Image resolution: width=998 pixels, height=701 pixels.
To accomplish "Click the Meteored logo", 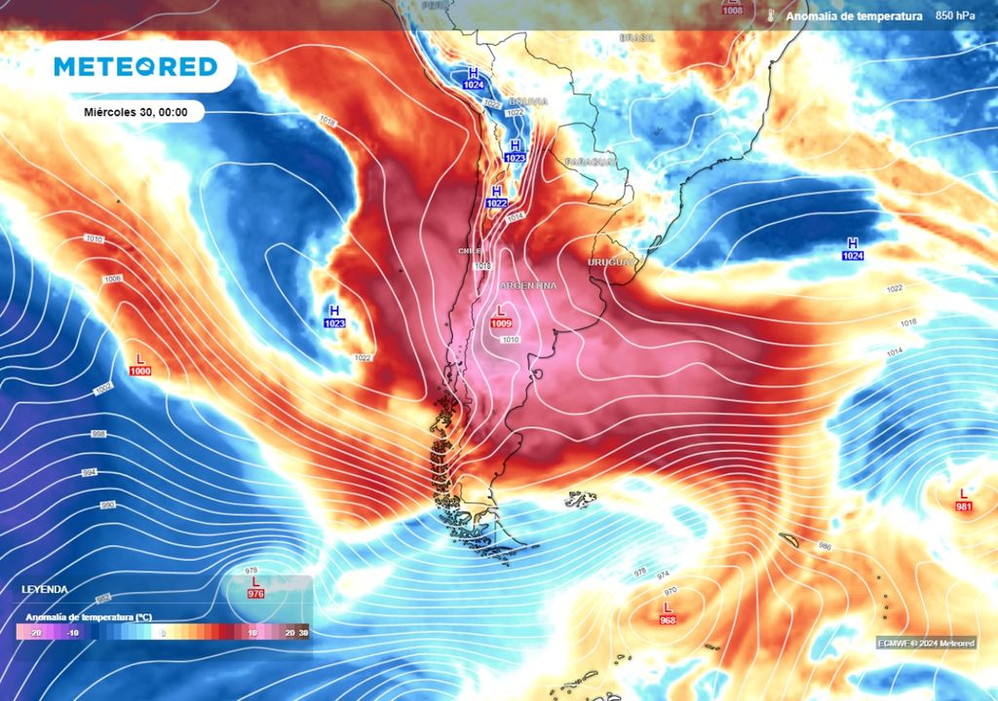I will click(134, 66).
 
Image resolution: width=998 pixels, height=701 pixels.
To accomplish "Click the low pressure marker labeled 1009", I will click(502, 316).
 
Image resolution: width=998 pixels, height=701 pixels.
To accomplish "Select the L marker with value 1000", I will click(139, 365).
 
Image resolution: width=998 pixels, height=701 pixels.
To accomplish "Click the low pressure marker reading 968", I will click(668, 614).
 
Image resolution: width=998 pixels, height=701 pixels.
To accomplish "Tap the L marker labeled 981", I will click(964, 500).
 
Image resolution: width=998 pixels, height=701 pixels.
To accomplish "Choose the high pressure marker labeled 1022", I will click(497, 197).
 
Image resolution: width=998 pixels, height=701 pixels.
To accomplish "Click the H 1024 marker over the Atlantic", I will click(854, 249).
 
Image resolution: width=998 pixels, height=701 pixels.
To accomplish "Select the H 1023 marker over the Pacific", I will click(334, 316).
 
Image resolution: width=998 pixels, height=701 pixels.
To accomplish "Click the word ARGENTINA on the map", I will click(527, 285).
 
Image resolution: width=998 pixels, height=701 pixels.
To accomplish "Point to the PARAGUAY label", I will click(590, 162).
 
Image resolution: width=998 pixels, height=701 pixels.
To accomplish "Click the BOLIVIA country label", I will click(527, 101).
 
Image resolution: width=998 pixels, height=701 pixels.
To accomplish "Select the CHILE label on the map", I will click(470, 251).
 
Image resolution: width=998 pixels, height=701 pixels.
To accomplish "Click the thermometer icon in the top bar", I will click(770, 17).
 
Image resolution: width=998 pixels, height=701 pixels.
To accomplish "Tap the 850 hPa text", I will click(955, 17).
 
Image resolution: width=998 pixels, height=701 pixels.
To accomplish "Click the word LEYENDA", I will click(45, 589).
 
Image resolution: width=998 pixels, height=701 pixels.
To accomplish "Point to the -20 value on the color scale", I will click(35, 632).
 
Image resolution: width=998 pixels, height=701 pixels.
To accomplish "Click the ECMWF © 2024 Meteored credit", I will click(924, 643).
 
